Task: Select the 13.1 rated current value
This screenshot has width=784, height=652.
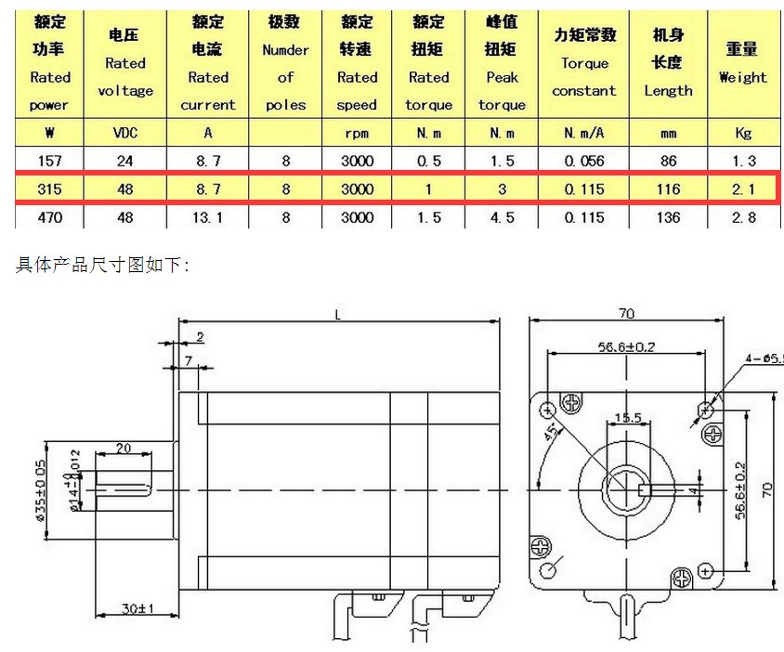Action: tap(208, 217)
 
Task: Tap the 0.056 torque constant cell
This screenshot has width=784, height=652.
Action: tap(583, 161)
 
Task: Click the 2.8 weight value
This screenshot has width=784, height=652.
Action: tap(743, 217)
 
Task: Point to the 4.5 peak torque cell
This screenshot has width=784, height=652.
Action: tap(502, 217)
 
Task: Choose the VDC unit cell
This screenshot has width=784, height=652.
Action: tap(124, 133)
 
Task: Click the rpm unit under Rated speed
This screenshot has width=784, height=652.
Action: tap(357, 133)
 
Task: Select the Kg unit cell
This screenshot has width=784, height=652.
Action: tap(743, 133)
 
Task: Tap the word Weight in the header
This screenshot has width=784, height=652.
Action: tap(743, 77)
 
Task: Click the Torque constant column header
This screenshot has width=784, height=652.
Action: tap(583, 63)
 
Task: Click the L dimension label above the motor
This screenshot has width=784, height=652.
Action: tap(337, 317)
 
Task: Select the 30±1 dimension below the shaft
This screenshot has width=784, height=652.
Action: tap(137, 609)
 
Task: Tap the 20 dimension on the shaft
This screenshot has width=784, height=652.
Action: tap(123, 448)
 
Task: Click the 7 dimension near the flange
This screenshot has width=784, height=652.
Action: tap(189, 359)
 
